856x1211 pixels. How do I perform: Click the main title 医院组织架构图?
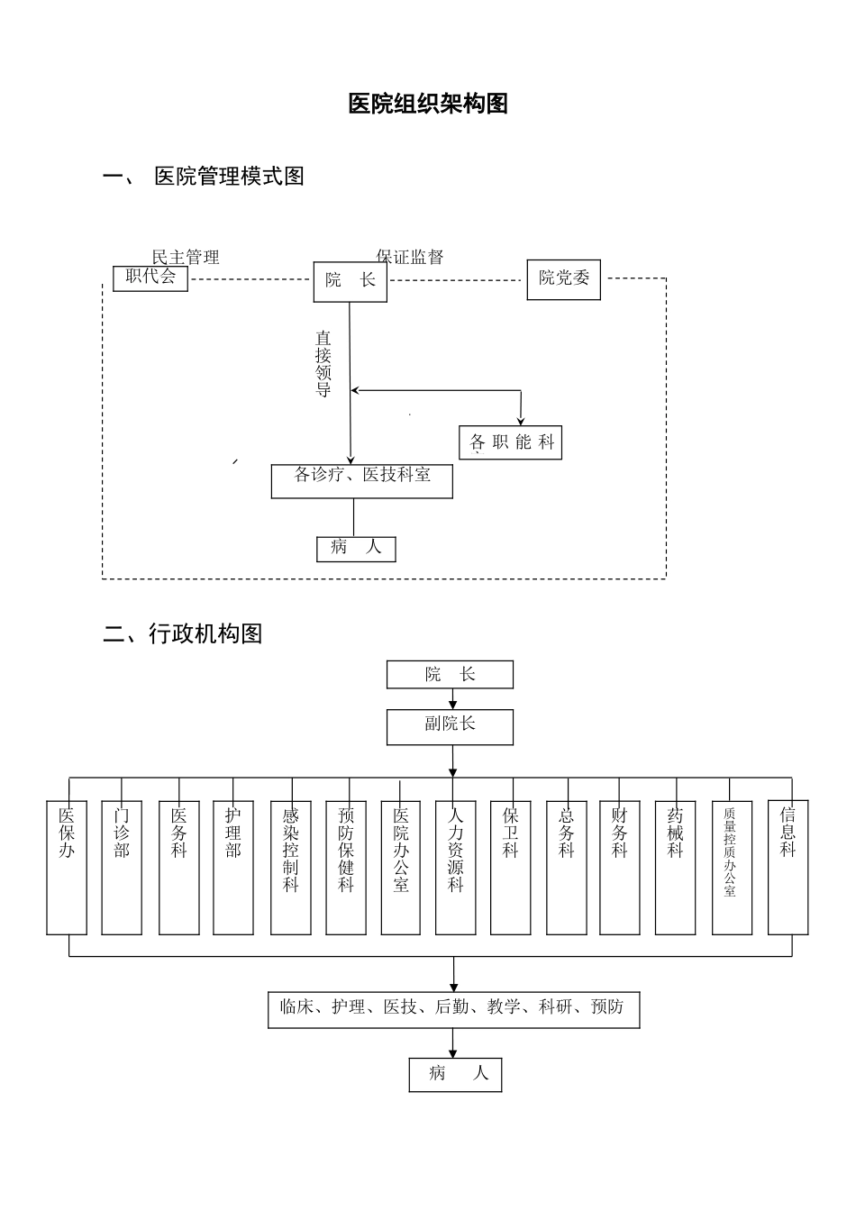pyautogui.click(x=428, y=105)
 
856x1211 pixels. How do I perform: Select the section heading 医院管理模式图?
pyautogui.click(x=229, y=177)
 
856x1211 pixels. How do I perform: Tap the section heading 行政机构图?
pyautogui.click(x=205, y=634)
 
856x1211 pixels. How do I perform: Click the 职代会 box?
pyautogui.click(x=150, y=278)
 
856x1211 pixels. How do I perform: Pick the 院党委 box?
pyautogui.click(x=563, y=279)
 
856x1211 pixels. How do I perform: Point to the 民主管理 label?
pyautogui.click(x=186, y=258)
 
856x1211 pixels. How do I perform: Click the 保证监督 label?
pyautogui.click(x=410, y=258)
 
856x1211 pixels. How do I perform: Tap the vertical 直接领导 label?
pyautogui.click(x=323, y=364)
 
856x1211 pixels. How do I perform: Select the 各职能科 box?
pyautogui.click(x=511, y=442)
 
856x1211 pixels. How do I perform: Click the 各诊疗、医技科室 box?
pyautogui.click(x=362, y=480)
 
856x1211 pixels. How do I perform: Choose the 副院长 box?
pyautogui.click(x=450, y=726)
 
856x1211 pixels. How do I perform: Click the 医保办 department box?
pyautogui.click(x=67, y=867)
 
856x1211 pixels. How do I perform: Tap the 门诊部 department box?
pyautogui.click(x=122, y=867)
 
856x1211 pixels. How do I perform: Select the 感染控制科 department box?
pyautogui.click(x=291, y=867)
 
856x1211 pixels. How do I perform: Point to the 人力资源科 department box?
pyautogui.click(x=456, y=867)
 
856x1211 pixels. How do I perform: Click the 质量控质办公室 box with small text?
pyautogui.click(x=732, y=867)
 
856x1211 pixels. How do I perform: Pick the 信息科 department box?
pyautogui.click(x=788, y=867)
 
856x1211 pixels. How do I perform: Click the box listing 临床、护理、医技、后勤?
pyautogui.click(x=453, y=1009)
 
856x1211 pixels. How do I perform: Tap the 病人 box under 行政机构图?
pyautogui.click(x=455, y=1074)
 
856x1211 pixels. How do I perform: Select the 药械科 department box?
pyautogui.click(x=676, y=867)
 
